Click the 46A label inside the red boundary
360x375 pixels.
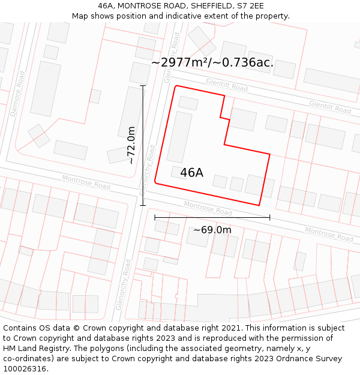191,173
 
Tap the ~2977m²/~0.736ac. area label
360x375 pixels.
212,62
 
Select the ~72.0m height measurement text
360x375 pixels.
131,145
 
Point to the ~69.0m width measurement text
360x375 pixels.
212,230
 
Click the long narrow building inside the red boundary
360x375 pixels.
179,137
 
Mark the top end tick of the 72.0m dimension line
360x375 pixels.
143,86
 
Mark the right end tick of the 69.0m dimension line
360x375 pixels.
269,217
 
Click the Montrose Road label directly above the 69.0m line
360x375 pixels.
208,208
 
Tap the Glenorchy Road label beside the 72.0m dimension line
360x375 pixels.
148,169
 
